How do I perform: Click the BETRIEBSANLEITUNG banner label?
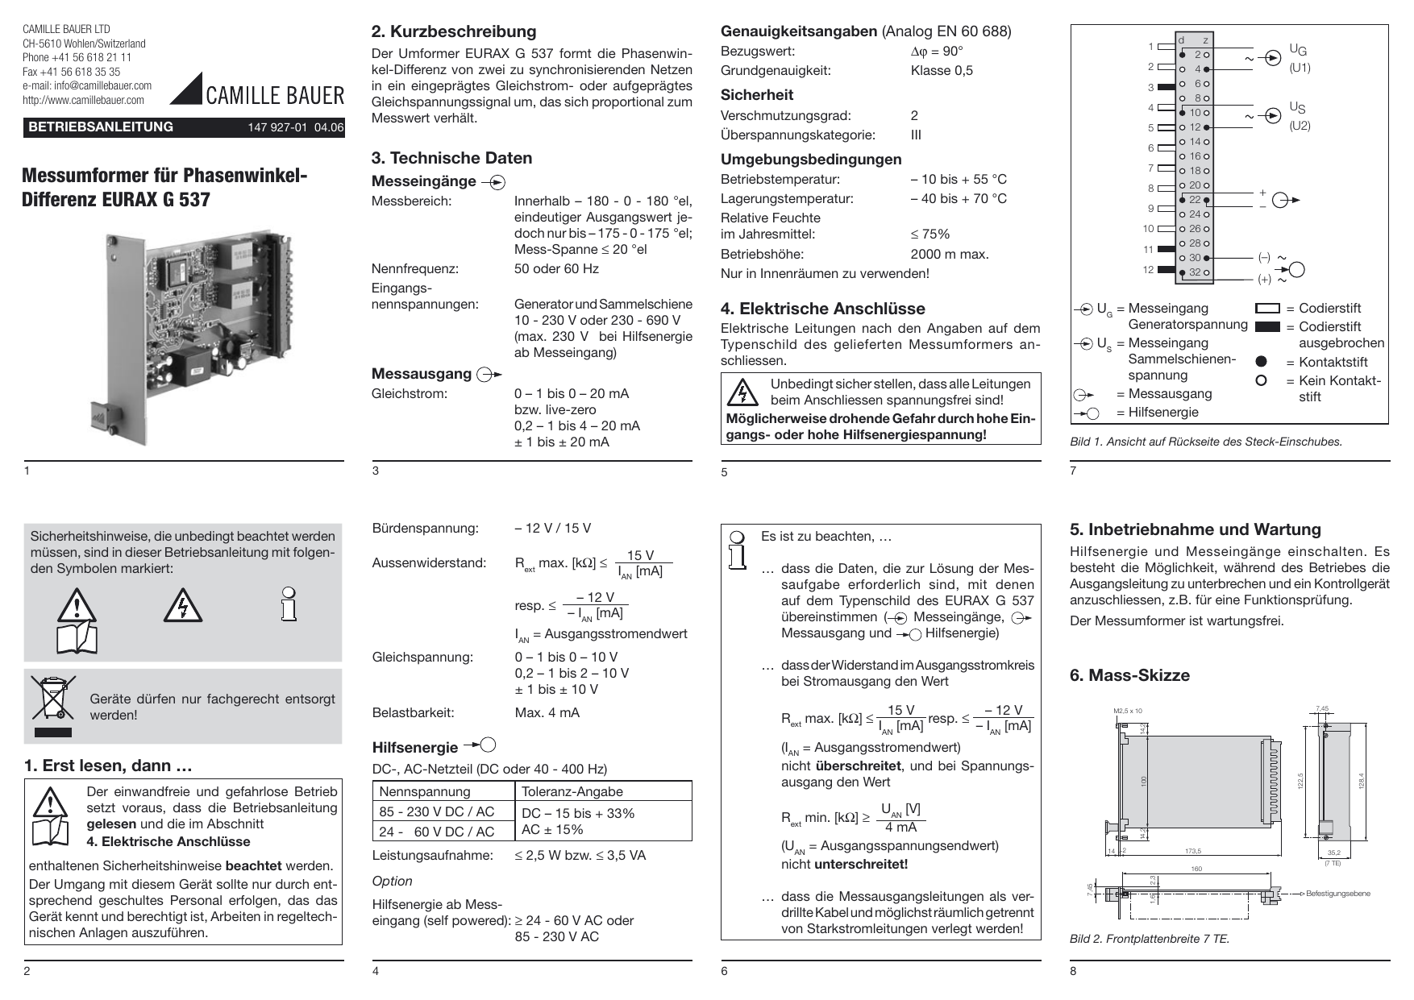[101, 127]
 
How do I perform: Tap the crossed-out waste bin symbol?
[53, 699]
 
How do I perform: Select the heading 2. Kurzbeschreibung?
[453, 31]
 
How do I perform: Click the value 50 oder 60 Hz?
[556, 268]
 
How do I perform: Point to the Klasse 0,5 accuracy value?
[941, 70]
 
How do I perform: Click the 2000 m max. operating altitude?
[949, 254]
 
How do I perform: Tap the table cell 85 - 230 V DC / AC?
[436, 811]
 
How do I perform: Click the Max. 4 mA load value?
[547, 712]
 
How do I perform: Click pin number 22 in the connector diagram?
[1195, 199]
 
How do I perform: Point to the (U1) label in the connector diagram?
[1300, 68]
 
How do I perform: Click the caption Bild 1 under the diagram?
[1205, 442]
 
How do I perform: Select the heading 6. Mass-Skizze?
[1129, 675]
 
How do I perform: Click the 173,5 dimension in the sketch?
[1192, 851]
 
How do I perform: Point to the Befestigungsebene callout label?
[1337, 894]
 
